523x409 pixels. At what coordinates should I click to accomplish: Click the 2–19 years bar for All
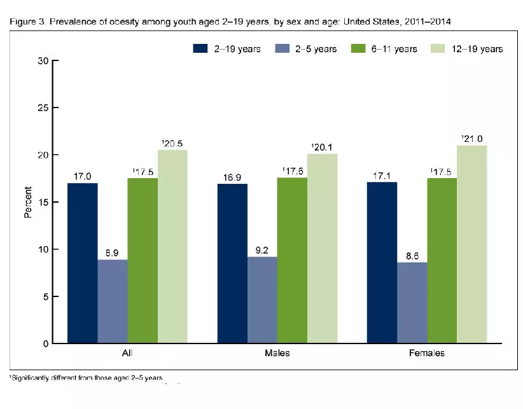pyautogui.click(x=83, y=263)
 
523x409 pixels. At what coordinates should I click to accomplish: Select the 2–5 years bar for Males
pyautogui.click(x=262, y=300)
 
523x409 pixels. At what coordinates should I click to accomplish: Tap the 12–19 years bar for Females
pyautogui.click(x=471, y=244)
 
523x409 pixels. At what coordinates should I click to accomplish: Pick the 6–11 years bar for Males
pyautogui.click(x=292, y=260)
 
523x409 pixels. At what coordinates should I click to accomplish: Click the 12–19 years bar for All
pyautogui.click(x=172, y=246)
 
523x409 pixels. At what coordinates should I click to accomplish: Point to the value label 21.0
pyautogui.click(x=472, y=138)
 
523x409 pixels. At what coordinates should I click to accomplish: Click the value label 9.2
pyautogui.click(x=262, y=249)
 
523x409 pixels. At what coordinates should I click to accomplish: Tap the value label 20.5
pyautogui.click(x=173, y=142)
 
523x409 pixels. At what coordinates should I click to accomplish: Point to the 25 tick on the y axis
pyautogui.click(x=43, y=108)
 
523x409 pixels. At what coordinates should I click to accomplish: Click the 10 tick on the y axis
pyautogui.click(x=43, y=249)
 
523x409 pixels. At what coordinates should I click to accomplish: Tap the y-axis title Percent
pyautogui.click(x=29, y=202)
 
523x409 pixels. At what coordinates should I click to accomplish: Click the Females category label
pyautogui.click(x=427, y=352)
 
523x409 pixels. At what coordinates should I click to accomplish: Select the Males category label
pyautogui.click(x=277, y=352)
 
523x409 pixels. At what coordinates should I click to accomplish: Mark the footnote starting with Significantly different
pyautogui.click(x=87, y=378)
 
